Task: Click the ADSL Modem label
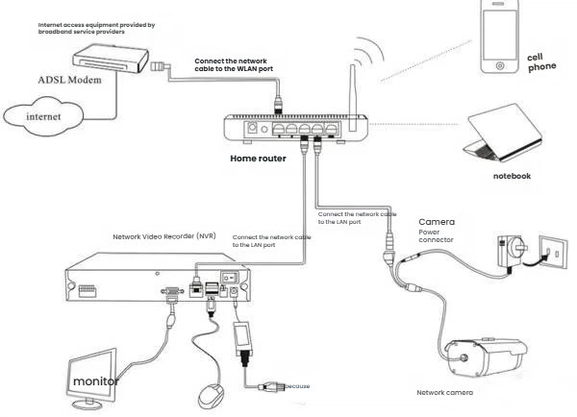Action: [69, 80]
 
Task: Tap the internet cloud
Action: [43, 116]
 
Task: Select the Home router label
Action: [258, 159]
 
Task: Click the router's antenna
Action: [353, 98]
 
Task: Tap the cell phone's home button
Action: [500, 66]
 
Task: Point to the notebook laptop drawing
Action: [503, 134]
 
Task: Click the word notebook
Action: [512, 176]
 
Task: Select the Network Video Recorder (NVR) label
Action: [164, 236]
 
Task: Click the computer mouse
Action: [211, 396]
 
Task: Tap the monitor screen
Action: [92, 374]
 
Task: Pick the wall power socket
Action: [553, 253]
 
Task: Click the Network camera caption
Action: [444, 393]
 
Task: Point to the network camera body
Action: [486, 357]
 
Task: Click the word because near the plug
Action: [297, 386]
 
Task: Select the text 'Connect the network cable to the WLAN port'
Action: [234, 64]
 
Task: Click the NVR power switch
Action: [229, 278]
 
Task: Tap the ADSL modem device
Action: [111, 59]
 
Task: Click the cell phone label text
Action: [541, 62]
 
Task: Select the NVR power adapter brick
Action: [242, 338]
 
